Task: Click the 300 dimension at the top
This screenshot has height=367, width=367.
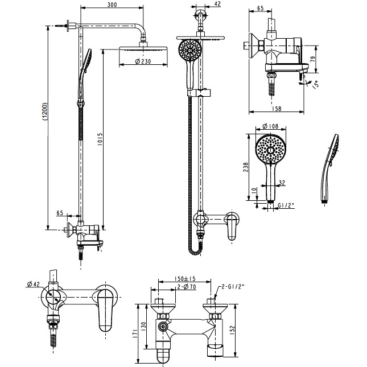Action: coord(112,5)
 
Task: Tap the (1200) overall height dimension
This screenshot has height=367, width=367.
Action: coord(45,112)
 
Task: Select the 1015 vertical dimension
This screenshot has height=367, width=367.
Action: coord(100,139)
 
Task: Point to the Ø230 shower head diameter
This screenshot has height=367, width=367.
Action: coord(143,61)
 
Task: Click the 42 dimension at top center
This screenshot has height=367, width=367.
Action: coord(217,4)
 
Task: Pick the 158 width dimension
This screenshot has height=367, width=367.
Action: coord(277,109)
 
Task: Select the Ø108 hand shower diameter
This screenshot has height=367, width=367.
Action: coord(270,126)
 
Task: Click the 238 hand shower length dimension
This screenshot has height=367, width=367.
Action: coord(246,167)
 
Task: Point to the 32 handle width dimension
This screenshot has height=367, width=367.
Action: coord(282,182)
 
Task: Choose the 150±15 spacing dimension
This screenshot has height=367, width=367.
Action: coord(185,279)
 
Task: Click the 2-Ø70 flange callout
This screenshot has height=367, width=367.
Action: coord(187,286)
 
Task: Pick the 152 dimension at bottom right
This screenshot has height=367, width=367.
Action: coord(232,330)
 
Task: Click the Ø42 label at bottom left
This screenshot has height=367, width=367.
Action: coord(34,284)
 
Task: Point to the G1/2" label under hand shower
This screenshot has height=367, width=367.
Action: coord(286,205)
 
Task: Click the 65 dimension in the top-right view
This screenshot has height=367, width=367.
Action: coord(260,8)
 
